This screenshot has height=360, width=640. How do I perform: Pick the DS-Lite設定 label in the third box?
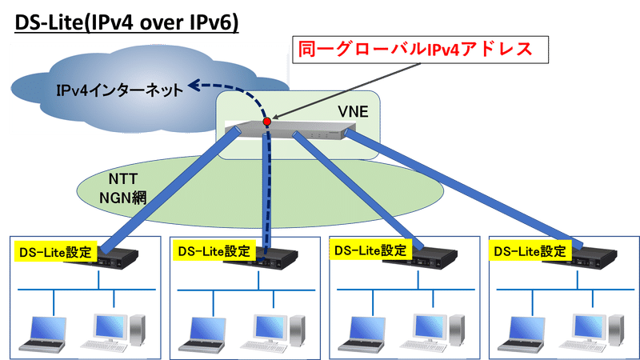point(370,250)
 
